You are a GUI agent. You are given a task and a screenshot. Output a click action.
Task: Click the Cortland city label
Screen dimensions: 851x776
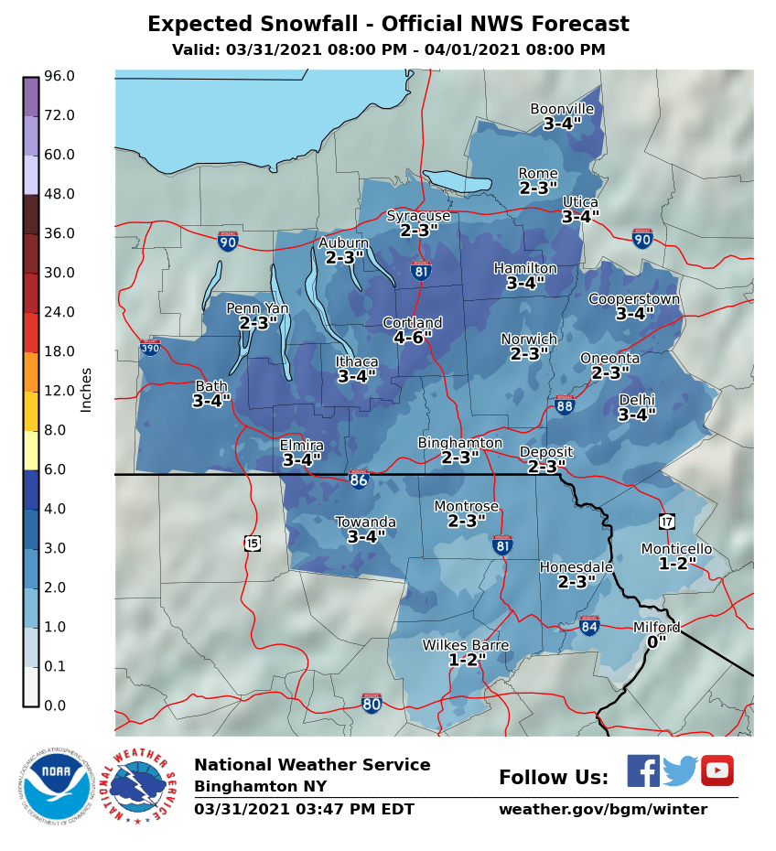click(x=412, y=323)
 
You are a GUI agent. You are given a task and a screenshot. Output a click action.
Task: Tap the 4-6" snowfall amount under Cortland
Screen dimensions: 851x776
click(x=412, y=338)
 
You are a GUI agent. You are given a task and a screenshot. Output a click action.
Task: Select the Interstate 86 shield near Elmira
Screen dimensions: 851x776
click(x=359, y=479)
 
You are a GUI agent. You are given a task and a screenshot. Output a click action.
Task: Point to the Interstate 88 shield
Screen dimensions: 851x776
click(x=565, y=405)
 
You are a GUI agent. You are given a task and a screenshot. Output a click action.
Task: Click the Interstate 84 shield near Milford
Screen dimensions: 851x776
click(x=589, y=627)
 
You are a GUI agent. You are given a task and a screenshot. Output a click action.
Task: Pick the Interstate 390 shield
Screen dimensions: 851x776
click(x=150, y=348)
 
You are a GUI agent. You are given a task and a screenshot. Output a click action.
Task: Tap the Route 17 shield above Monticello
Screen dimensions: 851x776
click(x=666, y=521)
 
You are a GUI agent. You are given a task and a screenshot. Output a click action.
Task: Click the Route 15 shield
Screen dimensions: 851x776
click(x=253, y=544)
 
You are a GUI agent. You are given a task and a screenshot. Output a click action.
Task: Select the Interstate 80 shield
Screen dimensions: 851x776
click(x=371, y=704)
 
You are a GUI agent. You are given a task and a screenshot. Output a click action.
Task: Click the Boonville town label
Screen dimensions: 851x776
click(x=562, y=109)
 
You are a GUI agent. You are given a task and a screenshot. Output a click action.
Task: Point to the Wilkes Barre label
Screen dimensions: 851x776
click(x=465, y=645)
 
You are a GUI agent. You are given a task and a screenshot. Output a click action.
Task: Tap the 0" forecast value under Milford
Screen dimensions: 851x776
click(x=656, y=642)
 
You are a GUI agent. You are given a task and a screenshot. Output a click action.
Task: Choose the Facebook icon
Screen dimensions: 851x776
click(x=642, y=770)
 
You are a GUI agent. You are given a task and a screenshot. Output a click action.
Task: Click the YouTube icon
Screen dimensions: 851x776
click(x=717, y=770)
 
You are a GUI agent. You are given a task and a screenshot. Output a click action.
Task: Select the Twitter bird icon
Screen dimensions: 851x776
click(x=680, y=770)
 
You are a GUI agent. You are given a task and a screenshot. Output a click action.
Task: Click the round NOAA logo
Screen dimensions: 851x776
click(x=57, y=786)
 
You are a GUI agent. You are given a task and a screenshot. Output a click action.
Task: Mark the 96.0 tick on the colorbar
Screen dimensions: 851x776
click(x=59, y=76)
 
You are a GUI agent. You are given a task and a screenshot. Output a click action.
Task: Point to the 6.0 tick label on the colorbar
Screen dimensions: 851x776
click(x=59, y=469)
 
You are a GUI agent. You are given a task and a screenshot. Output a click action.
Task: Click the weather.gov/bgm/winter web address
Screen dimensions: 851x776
click(x=602, y=810)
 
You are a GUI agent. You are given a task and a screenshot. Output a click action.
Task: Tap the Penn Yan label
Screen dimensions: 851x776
click(x=257, y=308)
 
